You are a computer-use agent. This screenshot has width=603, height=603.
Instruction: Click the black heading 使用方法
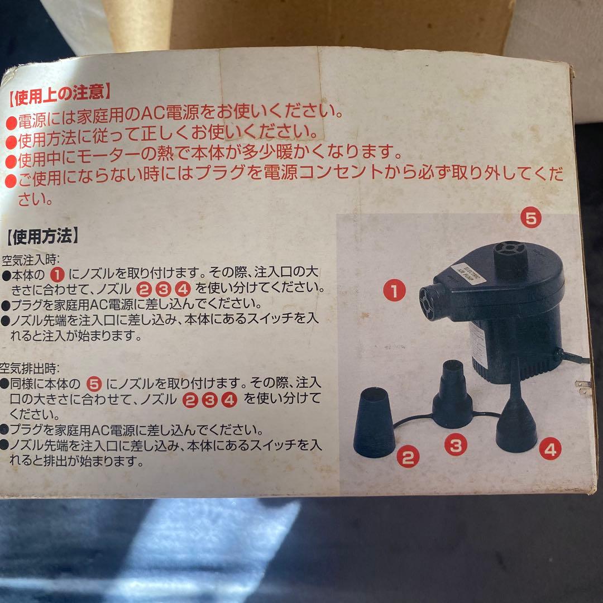[42, 236]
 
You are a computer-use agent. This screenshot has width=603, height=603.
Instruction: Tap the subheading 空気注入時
[29, 260]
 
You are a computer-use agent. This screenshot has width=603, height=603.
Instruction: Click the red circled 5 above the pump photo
[531, 218]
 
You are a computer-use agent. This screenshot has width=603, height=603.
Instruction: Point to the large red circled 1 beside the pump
[394, 291]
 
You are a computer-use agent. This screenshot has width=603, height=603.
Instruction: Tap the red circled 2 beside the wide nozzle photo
[408, 457]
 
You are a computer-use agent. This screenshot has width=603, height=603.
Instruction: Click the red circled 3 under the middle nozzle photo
[456, 446]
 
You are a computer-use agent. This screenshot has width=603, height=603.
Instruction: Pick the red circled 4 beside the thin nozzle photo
[550, 449]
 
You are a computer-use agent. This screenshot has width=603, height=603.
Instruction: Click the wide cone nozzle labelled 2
[374, 422]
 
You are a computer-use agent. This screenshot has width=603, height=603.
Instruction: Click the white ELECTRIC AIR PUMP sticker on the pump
[468, 272]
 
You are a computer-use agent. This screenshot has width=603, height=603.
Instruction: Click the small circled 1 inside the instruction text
[58, 275]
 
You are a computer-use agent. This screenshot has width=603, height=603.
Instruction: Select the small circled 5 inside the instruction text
[94, 384]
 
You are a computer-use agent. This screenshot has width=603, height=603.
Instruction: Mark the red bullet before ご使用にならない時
[11, 181]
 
